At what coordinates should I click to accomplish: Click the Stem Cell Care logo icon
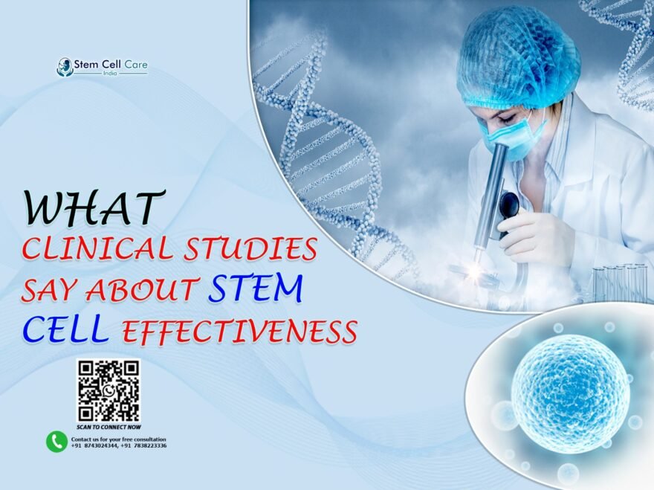[x=65, y=67]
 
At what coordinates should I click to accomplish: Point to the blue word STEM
[x=255, y=289]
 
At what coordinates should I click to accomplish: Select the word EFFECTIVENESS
[x=240, y=332]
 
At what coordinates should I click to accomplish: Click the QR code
[x=108, y=391]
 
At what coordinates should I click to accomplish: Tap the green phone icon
[x=56, y=442]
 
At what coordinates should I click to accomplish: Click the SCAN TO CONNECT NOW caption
[x=108, y=428]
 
